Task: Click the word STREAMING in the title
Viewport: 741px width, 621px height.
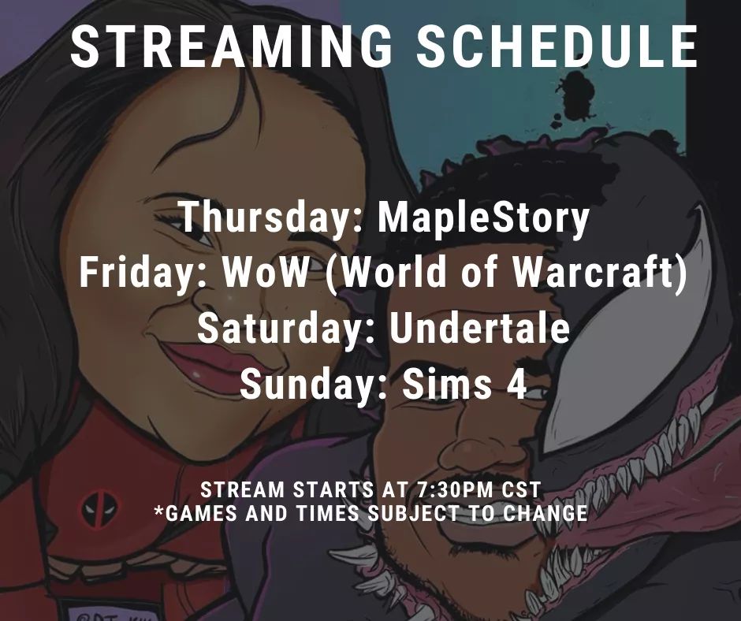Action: (x=233, y=47)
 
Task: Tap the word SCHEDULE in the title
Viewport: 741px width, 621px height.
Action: (x=557, y=47)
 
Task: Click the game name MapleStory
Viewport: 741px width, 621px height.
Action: (x=483, y=218)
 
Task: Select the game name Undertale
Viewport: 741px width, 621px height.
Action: (x=479, y=329)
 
